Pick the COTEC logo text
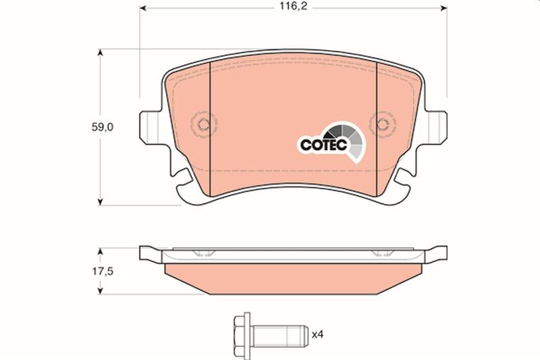[x=323, y=143]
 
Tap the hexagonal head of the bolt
[x=240, y=333]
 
